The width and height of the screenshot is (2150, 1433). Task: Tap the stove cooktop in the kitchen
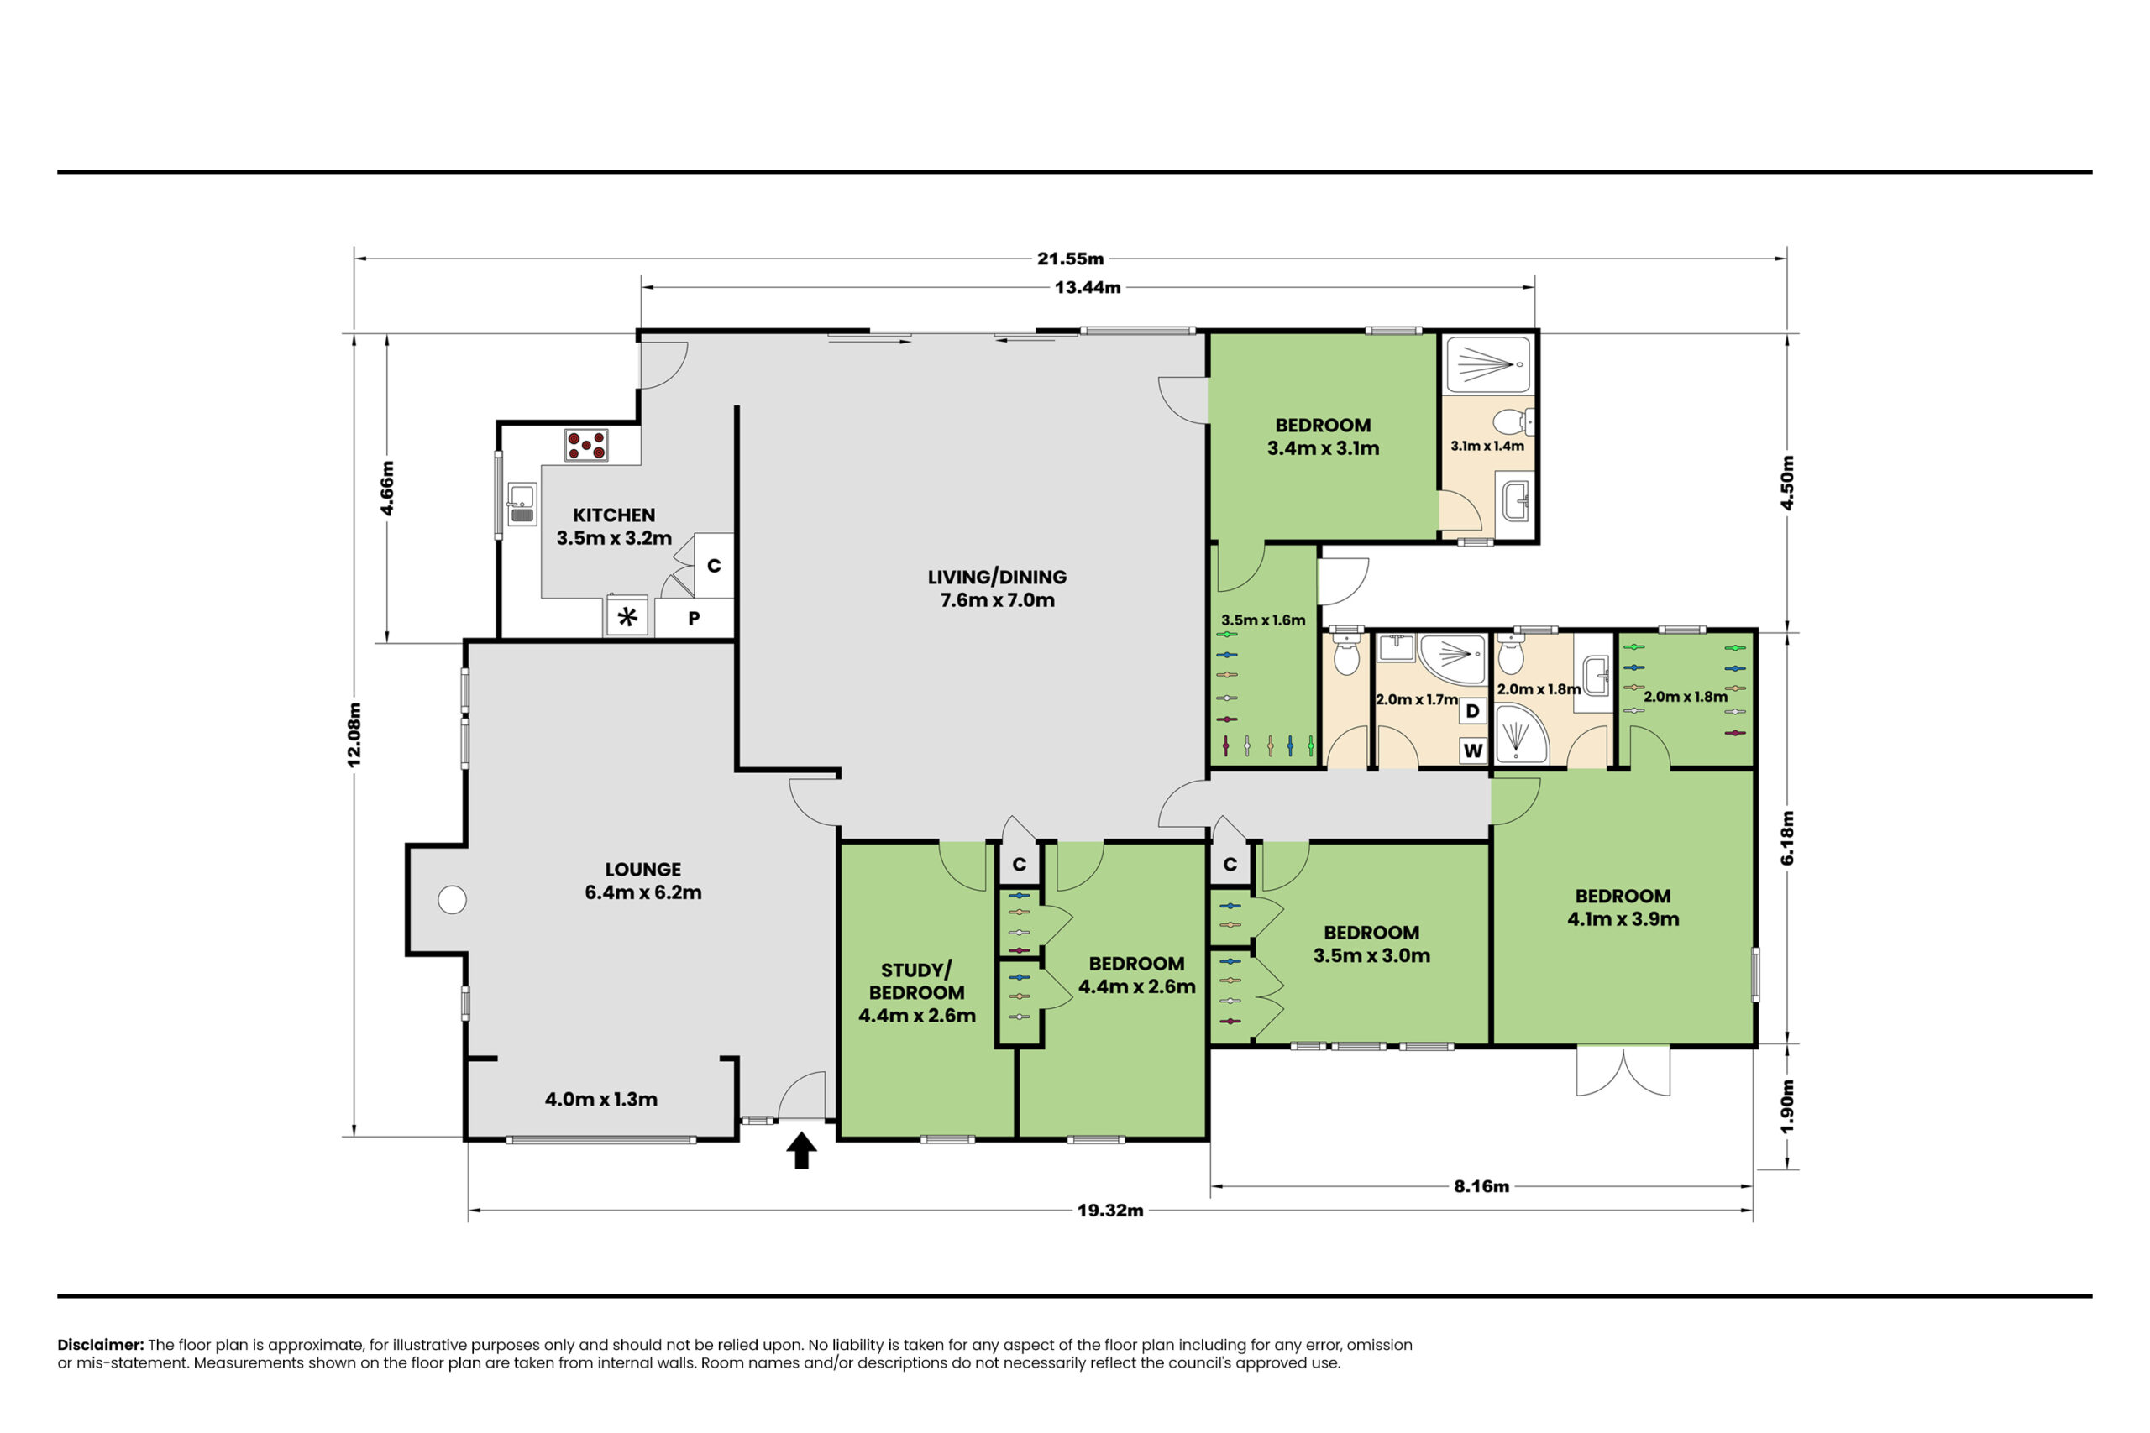pyautogui.click(x=586, y=445)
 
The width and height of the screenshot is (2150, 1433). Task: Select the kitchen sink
pyautogui.click(x=522, y=505)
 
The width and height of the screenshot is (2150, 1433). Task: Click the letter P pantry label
pyautogui.click(x=694, y=618)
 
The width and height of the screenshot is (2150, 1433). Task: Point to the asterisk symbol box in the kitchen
pyautogui.click(x=628, y=617)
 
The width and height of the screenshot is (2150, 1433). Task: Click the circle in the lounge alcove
pyautogui.click(x=452, y=900)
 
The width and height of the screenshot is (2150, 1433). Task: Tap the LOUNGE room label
pyautogui.click(x=642, y=869)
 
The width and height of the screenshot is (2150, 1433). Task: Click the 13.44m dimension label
pyautogui.click(x=1087, y=288)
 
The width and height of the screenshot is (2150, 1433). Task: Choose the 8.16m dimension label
pyautogui.click(x=1481, y=1186)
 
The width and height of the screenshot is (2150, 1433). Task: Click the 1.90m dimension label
pyautogui.click(x=1788, y=1106)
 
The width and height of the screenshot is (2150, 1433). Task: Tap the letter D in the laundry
pyautogui.click(x=1471, y=711)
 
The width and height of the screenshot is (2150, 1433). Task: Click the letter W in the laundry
pyautogui.click(x=1472, y=751)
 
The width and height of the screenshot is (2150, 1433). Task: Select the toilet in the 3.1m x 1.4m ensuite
pyautogui.click(x=1513, y=421)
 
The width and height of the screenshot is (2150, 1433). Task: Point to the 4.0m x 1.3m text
pyautogui.click(x=600, y=1100)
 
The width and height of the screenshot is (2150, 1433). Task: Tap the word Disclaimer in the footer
pyautogui.click(x=101, y=1344)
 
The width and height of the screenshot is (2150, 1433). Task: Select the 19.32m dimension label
pyautogui.click(x=1109, y=1210)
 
